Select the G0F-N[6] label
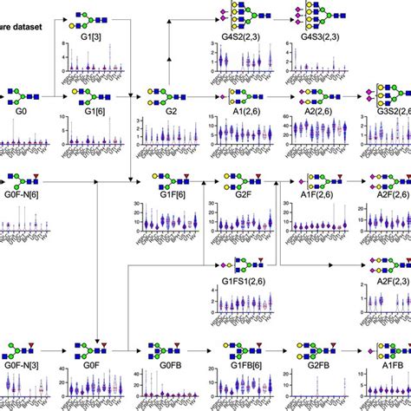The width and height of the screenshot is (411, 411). click(19, 198)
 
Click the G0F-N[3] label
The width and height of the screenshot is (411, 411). click(19, 366)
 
